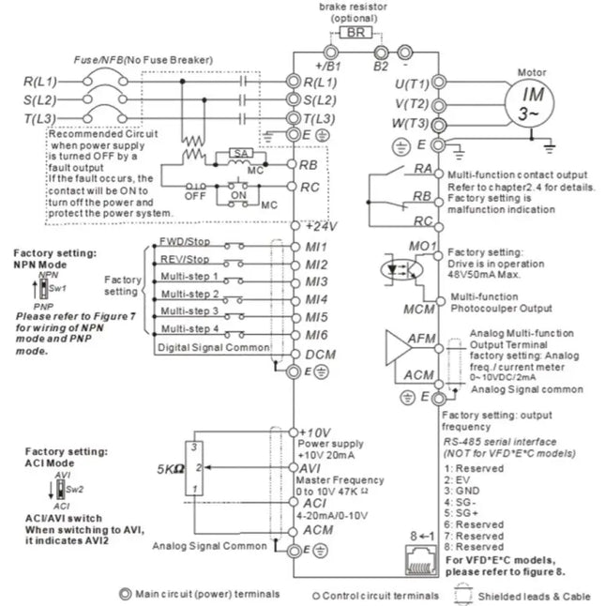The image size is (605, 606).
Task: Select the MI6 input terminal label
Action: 316,335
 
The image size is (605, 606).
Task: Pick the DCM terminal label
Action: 321,355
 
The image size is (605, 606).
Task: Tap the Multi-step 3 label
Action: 189,311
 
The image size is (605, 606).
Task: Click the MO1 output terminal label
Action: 423,247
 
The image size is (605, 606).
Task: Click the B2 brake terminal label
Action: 381,66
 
